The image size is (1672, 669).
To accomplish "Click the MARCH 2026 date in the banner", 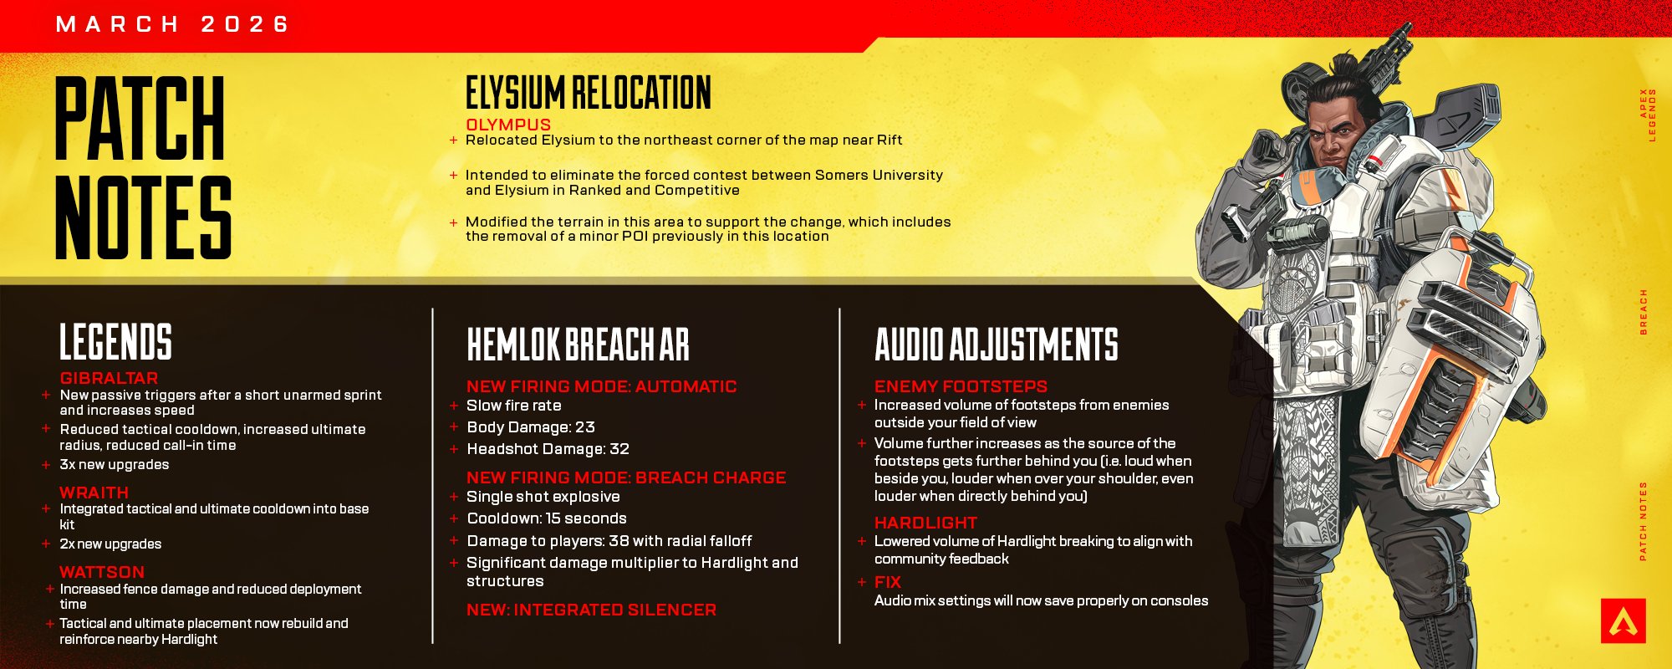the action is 172,24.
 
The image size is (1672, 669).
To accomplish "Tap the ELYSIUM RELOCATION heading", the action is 589,93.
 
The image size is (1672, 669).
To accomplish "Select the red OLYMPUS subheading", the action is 508,125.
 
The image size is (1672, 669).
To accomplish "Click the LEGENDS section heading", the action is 115,342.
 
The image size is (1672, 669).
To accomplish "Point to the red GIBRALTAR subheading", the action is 109,378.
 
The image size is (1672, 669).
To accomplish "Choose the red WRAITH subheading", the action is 94,493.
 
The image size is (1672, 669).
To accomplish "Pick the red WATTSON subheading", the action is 102,572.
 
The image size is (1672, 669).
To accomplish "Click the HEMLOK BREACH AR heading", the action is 578,345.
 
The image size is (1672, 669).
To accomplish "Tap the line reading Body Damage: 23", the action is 531,427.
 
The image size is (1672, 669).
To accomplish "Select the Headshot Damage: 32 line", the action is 548,449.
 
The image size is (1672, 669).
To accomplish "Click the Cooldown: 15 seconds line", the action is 547,518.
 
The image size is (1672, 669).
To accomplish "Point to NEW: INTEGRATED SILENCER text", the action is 591,610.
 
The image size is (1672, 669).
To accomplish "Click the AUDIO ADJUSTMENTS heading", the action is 997,345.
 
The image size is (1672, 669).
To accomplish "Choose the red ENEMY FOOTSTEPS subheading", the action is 961,386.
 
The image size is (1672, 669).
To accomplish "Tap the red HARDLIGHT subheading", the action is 925,523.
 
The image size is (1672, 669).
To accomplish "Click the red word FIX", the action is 888,582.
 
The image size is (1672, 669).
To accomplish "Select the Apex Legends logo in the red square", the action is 1624,620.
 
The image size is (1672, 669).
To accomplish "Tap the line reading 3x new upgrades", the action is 115,465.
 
